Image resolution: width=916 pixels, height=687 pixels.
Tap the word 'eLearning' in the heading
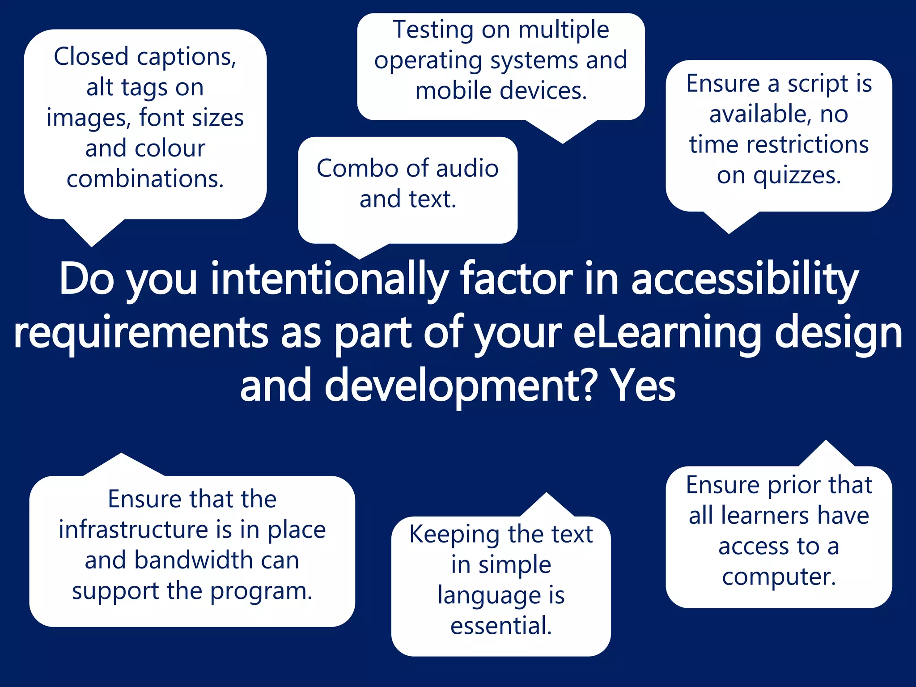667,333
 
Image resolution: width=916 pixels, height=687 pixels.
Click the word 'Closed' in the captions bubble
91,57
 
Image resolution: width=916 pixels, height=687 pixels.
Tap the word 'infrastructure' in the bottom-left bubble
133,530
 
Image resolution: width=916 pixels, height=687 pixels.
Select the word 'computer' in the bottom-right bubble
778,577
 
